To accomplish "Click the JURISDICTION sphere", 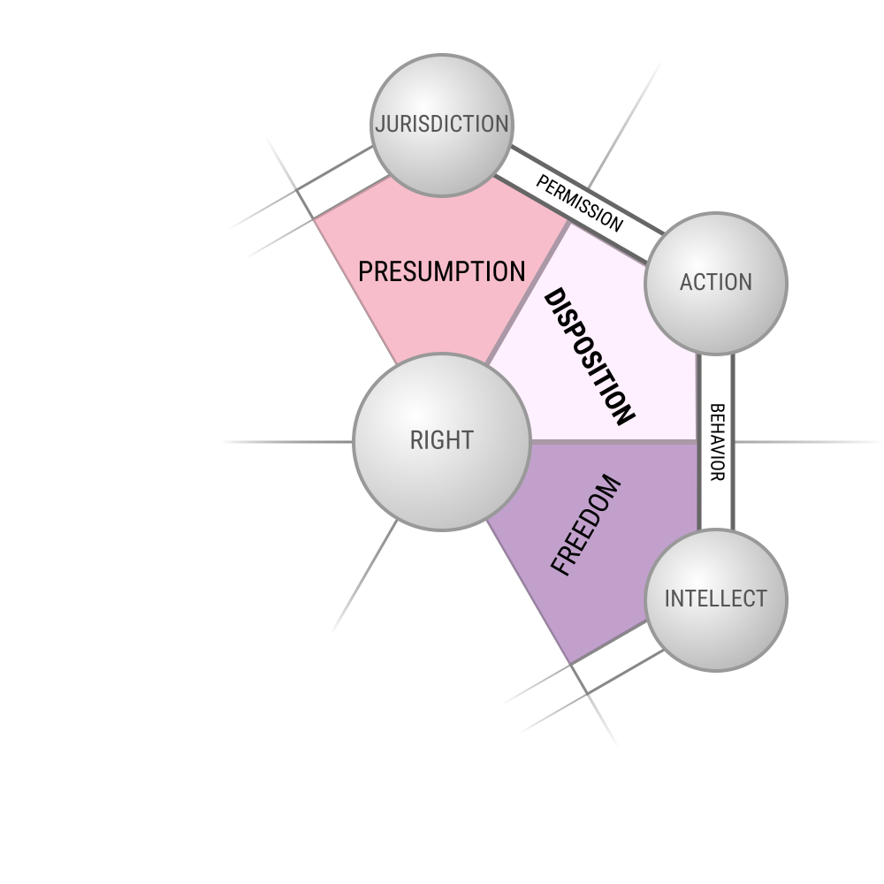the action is point(442,126).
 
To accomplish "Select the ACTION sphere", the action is point(716,284).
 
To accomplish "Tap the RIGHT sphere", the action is point(442,442).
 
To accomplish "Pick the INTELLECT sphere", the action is point(716,600).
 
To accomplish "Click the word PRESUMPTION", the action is point(442,271).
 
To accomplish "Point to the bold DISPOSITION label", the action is point(589,356).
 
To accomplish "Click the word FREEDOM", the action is point(586,525).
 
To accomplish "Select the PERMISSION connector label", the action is point(580,203).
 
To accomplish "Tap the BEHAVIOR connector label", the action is point(716,442).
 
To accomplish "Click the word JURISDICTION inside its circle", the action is point(442,124).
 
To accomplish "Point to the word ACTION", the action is point(716,283).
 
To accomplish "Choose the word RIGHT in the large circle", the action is point(442,440).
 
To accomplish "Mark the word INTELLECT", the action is point(716,598).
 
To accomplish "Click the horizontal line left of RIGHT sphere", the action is point(287,442).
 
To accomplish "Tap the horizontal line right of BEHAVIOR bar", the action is point(809,442).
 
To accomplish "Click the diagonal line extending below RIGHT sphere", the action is point(365,576).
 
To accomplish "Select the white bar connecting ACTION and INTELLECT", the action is point(716,442).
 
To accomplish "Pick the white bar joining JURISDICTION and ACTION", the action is point(579,205).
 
